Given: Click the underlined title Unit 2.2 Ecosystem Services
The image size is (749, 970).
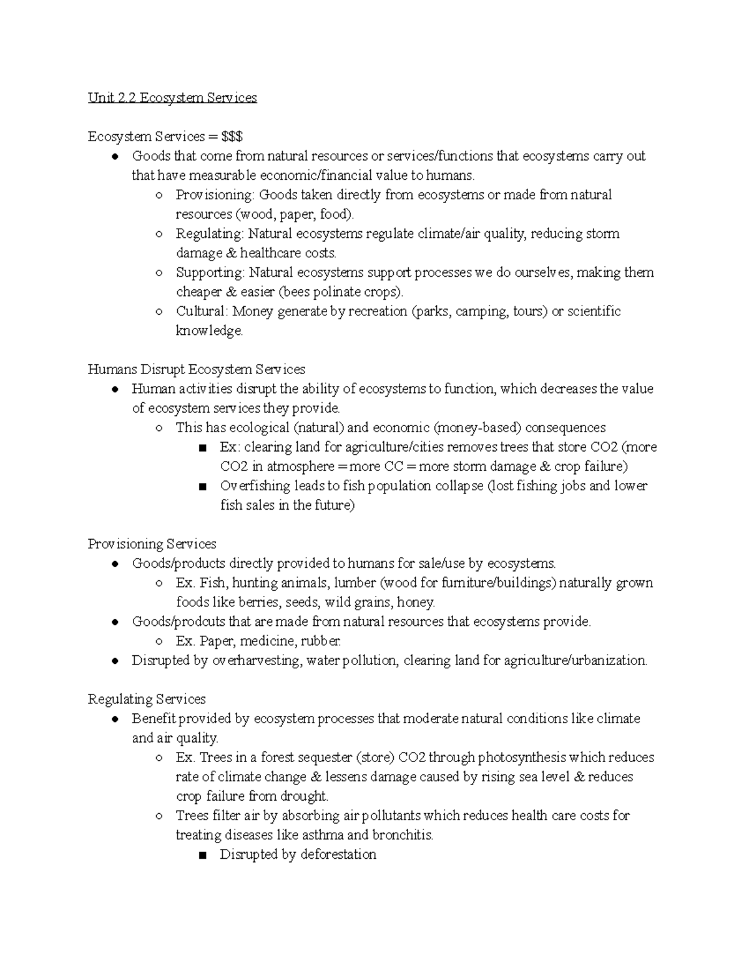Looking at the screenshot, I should (x=172, y=98).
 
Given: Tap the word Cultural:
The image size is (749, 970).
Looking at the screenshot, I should (x=202, y=312).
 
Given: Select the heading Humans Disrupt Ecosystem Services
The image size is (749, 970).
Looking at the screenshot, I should (x=196, y=370).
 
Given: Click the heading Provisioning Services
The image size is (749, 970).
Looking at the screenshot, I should (x=152, y=544).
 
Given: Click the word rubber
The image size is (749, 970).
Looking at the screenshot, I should (x=321, y=641).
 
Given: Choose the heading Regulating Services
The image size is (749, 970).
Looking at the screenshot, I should (x=147, y=700).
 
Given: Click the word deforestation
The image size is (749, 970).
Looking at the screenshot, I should (x=338, y=854).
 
